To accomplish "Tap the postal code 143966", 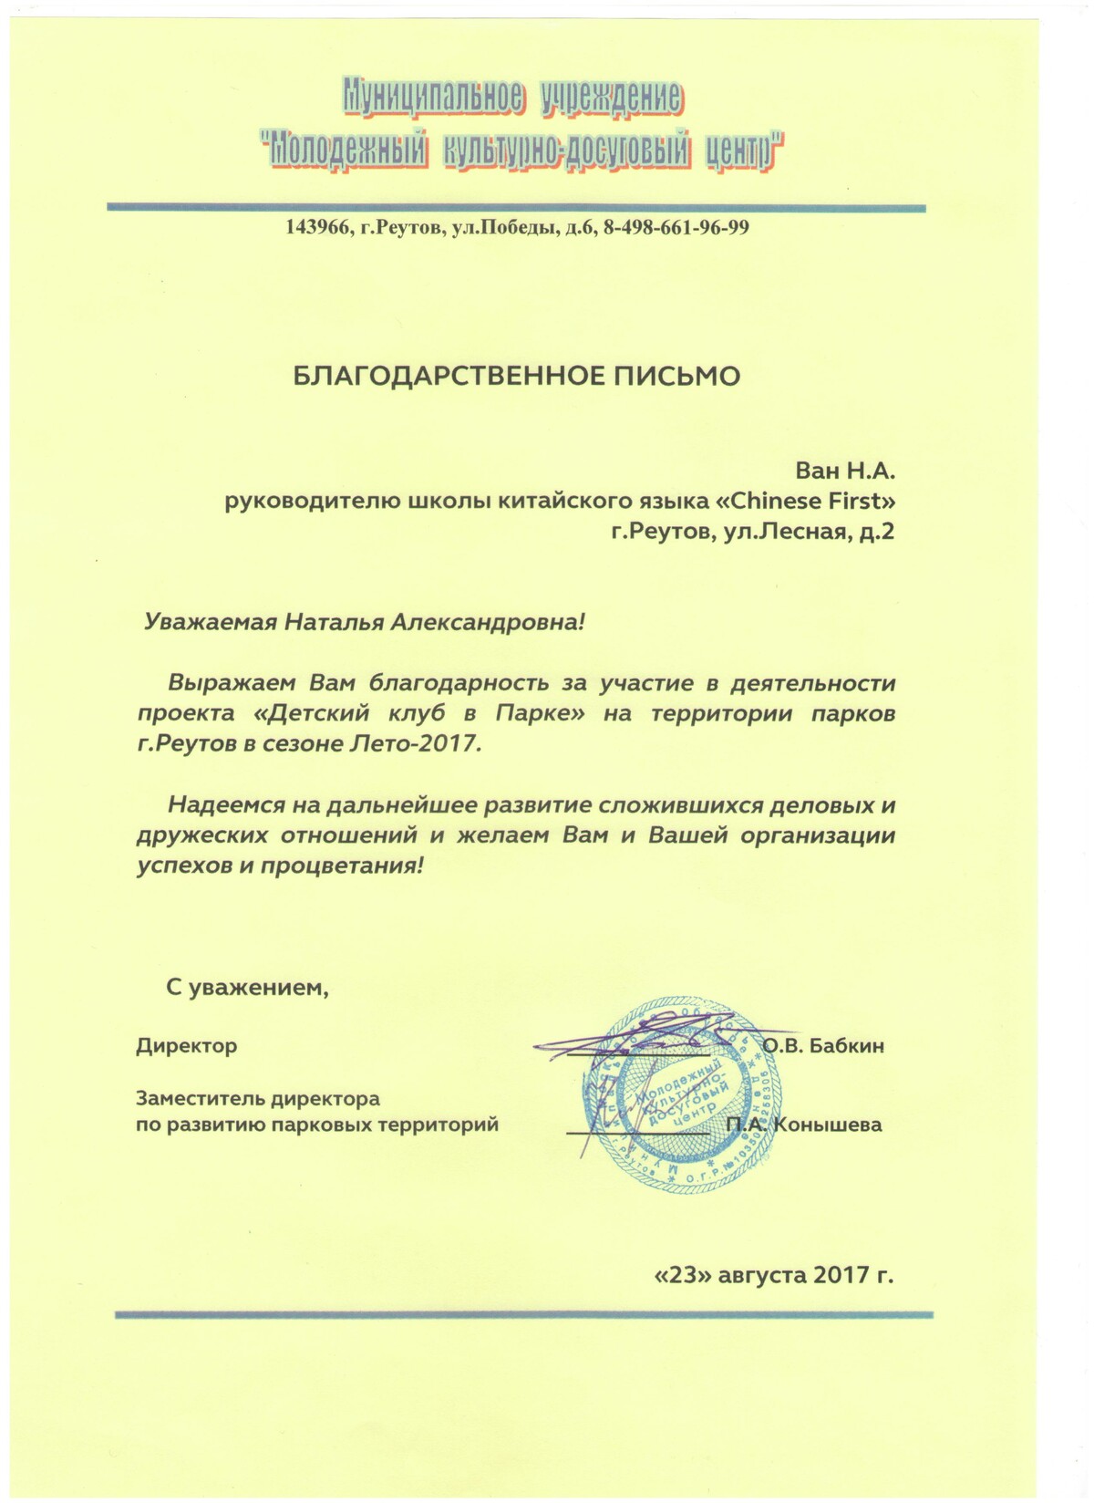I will [318, 227].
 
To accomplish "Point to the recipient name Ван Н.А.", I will [846, 471].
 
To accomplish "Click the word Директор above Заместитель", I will [186, 1045].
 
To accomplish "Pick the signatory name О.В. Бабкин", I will [823, 1045].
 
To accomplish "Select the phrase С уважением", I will [246, 986].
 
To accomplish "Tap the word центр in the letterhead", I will [744, 150].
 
